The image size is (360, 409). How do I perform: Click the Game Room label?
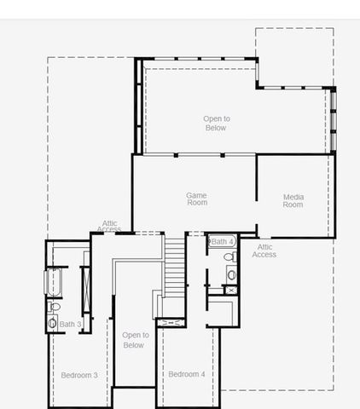[196, 199]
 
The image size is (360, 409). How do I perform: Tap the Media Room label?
[293, 201]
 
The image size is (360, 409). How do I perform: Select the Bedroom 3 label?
[78, 375]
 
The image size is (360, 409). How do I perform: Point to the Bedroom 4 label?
[186, 375]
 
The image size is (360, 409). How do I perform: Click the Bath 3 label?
[70, 325]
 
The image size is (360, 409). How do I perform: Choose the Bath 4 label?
[223, 242]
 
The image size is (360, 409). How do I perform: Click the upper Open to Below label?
[216, 124]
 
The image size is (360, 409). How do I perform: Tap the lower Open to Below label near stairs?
[135, 340]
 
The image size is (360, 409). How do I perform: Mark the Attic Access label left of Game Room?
[109, 227]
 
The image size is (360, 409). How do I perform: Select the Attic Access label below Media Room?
[264, 251]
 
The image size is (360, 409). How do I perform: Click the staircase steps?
[174, 264]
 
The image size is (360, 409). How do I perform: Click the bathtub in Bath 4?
[224, 242]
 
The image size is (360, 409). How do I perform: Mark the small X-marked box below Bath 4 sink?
[230, 290]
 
